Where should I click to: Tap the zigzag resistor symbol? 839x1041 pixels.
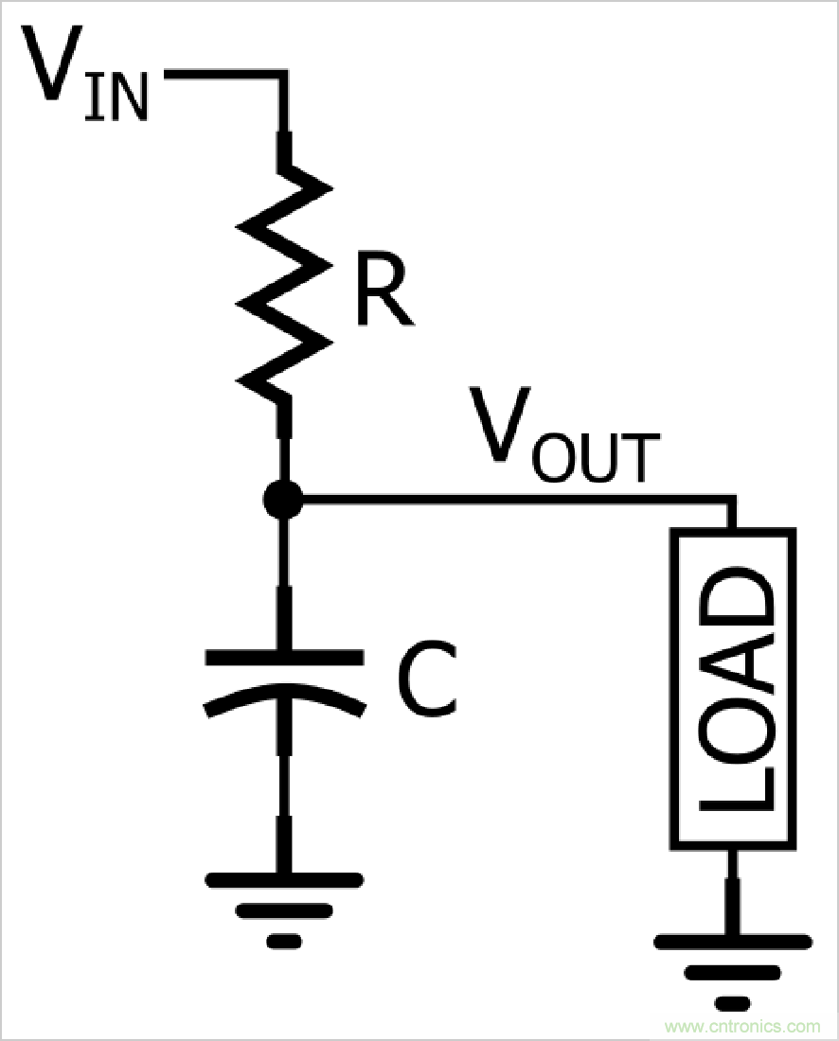284,284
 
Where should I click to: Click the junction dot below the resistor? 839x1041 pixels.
283,499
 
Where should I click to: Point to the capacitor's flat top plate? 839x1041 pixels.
283,655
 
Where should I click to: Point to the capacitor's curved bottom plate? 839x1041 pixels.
283,697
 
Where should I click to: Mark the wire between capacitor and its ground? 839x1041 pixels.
283,795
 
